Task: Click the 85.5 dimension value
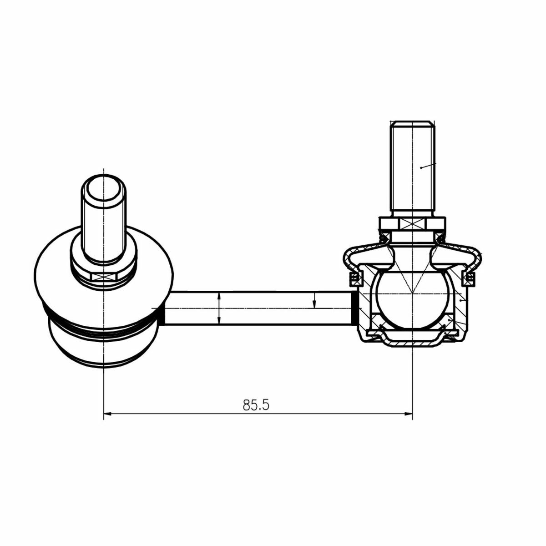(x=256, y=405)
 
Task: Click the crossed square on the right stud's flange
(x=412, y=224)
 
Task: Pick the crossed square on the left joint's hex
(x=104, y=276)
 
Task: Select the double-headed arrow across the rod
(x=219, y=308)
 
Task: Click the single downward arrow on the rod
(x=314, y=301)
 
